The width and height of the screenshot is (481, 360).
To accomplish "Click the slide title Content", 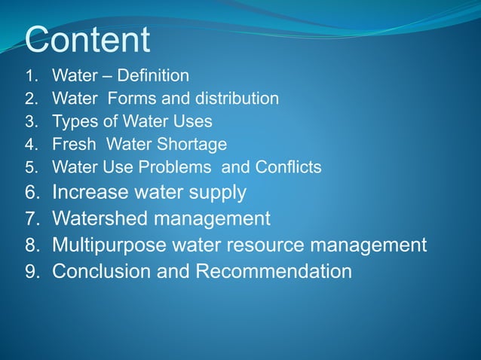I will coord(87,40).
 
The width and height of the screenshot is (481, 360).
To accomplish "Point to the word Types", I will coord(72,121).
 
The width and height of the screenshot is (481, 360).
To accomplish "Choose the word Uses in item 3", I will coord(192,121).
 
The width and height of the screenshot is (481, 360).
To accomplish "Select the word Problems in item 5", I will coord(179,166).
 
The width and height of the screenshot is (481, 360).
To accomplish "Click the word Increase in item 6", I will coord(87,193).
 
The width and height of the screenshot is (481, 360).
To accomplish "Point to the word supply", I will coord(217,194).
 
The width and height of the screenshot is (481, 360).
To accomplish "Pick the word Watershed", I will coord(99,219).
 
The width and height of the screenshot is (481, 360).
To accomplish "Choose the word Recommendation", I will coord(274,271).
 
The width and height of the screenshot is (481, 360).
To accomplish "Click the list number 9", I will coord(32,272).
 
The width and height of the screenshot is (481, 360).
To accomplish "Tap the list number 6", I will coord(32,194).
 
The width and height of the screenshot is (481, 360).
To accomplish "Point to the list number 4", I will coord(31,144).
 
